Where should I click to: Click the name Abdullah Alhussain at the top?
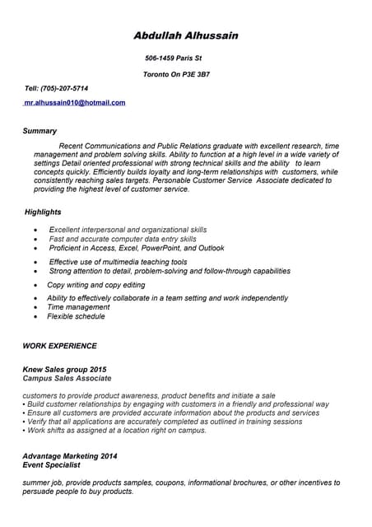coord(186,35)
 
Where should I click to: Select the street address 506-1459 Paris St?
coord(173,58)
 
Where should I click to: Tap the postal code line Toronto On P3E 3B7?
coord(176,75)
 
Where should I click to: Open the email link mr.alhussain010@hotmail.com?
coord(74,103)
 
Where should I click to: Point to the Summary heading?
coord(40,131)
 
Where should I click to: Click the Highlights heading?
coord(43,212)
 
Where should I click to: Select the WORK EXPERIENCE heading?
coord(59,346)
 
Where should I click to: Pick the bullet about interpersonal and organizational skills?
coord(128,230)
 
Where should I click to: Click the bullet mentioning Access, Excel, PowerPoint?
coord(136,248)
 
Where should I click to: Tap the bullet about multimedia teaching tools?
coord(118,262)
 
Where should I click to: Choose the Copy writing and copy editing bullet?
coord(95,285)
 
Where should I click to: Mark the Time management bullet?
coord(78,307)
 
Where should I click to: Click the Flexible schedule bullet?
coord(76,316)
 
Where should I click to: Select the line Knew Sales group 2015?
coord(64,370)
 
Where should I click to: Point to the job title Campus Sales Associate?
coord(67,379)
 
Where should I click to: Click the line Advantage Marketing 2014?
coord(70,455)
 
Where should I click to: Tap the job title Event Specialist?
coord(51,464)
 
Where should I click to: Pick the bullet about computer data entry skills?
coord(123,239)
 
